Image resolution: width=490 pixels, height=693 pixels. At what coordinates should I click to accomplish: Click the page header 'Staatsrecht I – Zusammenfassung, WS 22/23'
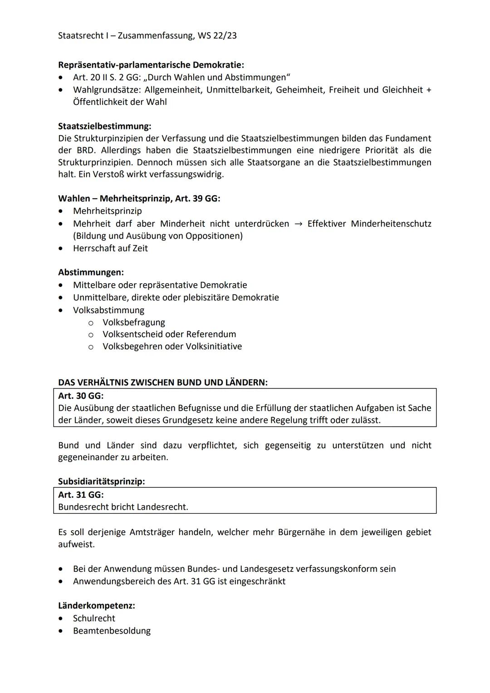tap(147, 35)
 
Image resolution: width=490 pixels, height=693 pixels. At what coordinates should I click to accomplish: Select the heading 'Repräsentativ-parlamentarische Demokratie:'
tap(151, 65)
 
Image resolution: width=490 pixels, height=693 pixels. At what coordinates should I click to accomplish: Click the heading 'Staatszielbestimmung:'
tap(104, 126)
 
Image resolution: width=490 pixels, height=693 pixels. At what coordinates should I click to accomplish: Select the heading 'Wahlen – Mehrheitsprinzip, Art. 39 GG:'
tap(139, 198)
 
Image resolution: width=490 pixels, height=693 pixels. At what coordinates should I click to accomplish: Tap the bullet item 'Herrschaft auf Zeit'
tap(110, 248)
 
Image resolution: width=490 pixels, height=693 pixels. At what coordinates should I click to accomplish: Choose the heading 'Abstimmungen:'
tap(91, 272)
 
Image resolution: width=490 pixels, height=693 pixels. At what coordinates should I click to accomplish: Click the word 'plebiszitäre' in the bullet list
tap(207, 298)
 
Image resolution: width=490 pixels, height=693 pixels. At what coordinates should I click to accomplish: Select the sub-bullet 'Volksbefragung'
tap(133, 322)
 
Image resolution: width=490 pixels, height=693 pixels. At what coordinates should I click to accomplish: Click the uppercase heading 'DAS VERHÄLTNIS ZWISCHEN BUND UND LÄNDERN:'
tap(162, 383)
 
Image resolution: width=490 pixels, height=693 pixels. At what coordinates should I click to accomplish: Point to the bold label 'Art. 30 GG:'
tap(81, 396)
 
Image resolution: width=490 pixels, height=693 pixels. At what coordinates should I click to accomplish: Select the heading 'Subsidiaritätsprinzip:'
tap(101, 482)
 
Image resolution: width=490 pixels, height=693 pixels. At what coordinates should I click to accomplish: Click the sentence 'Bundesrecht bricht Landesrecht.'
tap(123, 507)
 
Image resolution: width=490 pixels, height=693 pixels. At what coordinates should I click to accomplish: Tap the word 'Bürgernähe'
tap(299, 532)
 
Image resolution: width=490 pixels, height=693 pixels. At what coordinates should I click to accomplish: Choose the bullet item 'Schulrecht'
tap(94, 619)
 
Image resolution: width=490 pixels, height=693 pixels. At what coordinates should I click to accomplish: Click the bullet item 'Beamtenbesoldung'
tap(112, 631)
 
